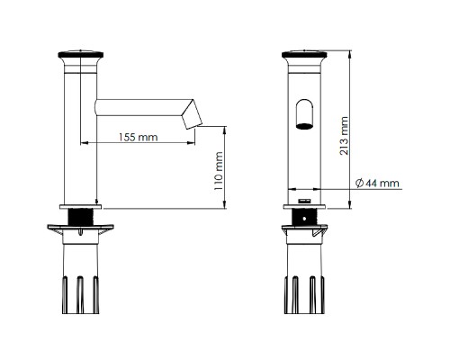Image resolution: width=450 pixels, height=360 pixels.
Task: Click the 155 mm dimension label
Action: [138, 137]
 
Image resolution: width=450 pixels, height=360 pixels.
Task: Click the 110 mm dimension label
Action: [219, 171]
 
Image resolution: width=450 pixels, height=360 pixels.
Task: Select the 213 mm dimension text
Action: [344, 136]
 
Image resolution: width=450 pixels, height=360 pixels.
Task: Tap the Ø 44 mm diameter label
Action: [377, 183]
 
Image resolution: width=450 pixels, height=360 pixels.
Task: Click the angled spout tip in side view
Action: [193, 114]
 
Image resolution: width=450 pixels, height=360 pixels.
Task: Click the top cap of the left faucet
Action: [81, 55]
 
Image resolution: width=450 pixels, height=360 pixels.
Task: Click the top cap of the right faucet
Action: [304, 55]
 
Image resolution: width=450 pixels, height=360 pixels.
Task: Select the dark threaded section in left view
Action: [80, 218]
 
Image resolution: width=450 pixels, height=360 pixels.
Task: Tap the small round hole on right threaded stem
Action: [304, 219]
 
